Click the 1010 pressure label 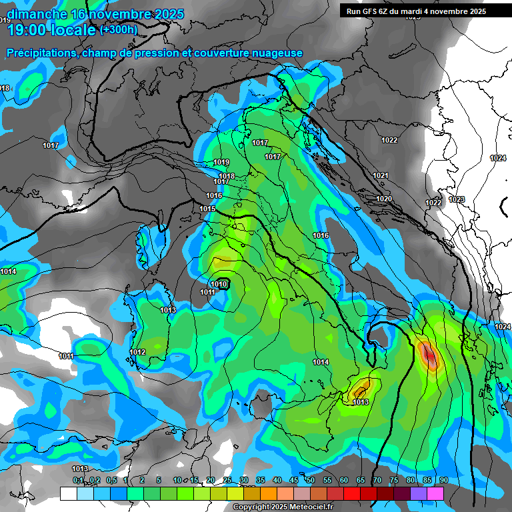[x=220, y=285]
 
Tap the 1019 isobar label [x=221, y=163]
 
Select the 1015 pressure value [x=207, y=209]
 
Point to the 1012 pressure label [x=137, y=352]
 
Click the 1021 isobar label [x=381, y=175]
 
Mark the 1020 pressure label [x=384, y=199]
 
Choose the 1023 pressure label [x=457, y=199]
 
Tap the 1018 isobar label [x=227, y=176]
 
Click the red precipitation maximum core [x=429, y=356]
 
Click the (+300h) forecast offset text [x=118, y=29]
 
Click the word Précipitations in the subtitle [x=40, y=53]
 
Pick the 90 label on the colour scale [x=444, y=481]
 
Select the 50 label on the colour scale [x=311, y=481]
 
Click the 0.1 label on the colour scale [x=78, y=481]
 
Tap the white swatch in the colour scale [x=68, y=493]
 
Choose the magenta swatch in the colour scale [x=435, y=493]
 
